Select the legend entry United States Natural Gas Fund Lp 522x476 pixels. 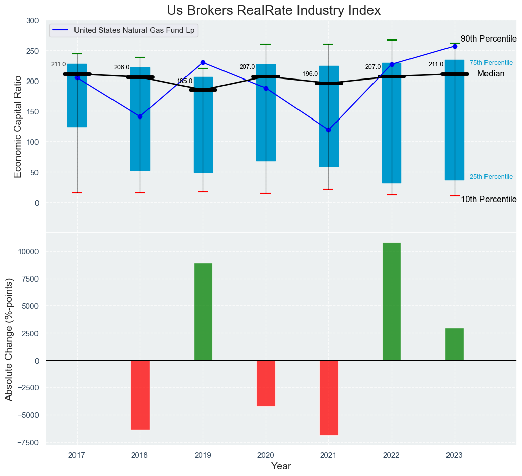[x=134, y=30]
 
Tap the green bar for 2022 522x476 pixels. [x=392, y=301]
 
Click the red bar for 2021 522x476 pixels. [x=328, y=398]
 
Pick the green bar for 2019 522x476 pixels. [x=203, y=312]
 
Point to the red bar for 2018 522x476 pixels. [x=140, y=395]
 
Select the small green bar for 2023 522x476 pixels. [x=455, y=344]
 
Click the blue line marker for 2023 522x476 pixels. [x=455, y=46]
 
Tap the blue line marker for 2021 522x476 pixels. [x=328, y=130]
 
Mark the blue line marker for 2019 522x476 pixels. [x=203, y=62]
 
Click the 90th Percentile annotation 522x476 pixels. [x=488, y=39]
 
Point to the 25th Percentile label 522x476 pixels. [x=491, y=177]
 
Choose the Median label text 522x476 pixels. [x=491, y=74]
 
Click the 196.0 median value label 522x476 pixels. [x=310, y=74]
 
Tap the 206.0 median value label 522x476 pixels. [x=122, y=67]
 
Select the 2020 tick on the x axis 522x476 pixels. [x=266, y=455]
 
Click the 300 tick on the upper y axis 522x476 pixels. [x=32, y=21]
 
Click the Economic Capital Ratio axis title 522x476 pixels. [x=18, y=126]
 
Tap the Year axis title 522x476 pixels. [x=281, y=466]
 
